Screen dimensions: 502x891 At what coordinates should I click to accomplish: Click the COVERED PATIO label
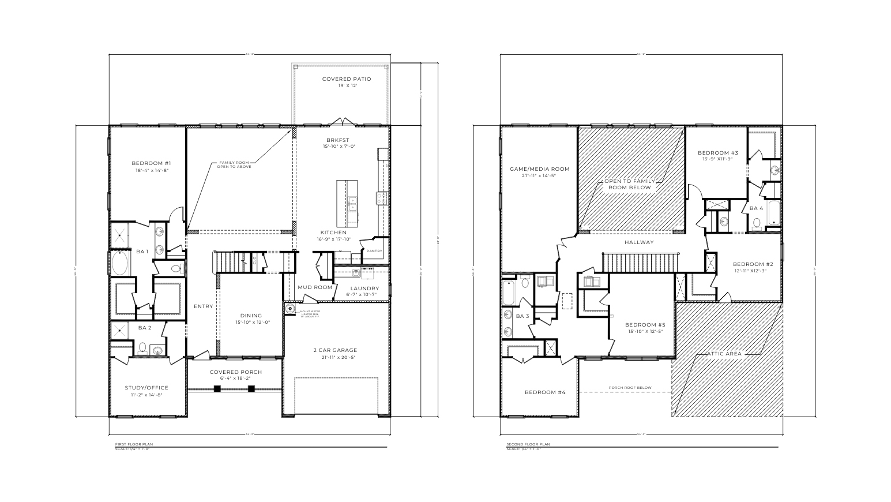pos(346,79)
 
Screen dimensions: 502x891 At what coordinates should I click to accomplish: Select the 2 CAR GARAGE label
pos(335,350)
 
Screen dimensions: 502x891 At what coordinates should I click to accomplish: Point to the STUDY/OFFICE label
pos(146,388)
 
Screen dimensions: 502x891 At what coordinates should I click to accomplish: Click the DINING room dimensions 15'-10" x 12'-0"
pos(251,323)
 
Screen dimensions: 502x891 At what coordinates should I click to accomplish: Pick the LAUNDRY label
pos(364,288)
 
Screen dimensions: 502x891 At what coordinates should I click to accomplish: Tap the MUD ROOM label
pos(315,287)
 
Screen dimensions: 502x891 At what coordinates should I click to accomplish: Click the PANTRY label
pos(374,251)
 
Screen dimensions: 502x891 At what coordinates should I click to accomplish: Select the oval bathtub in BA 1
pos(121,263)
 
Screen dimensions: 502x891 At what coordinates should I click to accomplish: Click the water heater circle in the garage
pos(290,309)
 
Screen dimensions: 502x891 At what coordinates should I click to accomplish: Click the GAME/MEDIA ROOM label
pos(539,169)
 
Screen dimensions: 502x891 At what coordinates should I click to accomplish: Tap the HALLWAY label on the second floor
pos(639,242)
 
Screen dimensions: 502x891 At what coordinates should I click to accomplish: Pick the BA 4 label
pos(756,208)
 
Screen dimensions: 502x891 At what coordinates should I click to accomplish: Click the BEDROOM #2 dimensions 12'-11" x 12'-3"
pos(750,271)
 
